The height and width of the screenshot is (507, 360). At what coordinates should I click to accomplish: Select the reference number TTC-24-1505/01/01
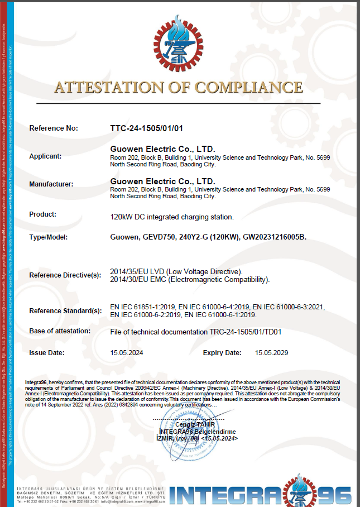[147, 128]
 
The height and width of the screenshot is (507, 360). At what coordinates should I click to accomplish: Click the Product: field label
[42, 214]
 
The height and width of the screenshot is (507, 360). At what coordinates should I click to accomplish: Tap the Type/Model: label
[48, 237]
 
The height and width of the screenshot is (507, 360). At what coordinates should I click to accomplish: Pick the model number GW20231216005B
[275, 237]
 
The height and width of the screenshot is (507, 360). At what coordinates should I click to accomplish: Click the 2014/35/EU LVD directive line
[176, 271]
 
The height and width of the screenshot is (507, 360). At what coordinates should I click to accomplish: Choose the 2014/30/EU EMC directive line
[190, 279]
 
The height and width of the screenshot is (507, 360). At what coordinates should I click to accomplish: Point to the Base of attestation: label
[60, 331]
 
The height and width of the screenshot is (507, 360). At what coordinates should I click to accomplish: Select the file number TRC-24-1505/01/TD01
[246, 332]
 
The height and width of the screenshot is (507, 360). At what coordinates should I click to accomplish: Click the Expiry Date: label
[222, 352]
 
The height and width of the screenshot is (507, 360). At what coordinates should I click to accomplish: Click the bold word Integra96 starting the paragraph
[37, 382]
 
